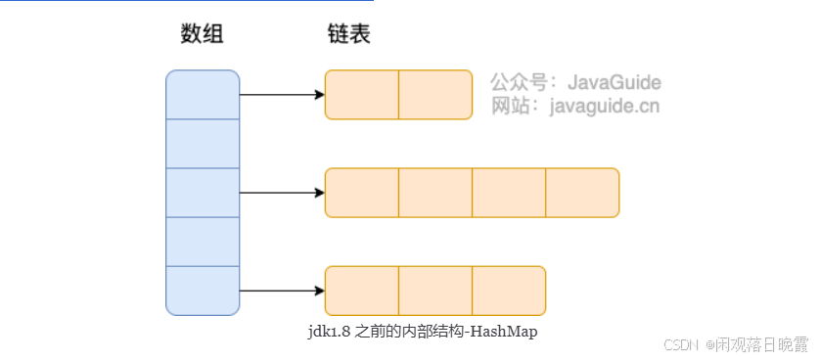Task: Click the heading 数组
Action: pos(203,34)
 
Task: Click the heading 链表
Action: pos(348,34)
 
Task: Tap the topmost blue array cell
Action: pos(203,94)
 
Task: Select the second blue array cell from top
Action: pos(203,143)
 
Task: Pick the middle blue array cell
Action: pos(203,192)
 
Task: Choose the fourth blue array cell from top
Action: pos(203,241)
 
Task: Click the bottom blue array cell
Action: pos(203,291)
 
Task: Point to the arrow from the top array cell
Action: pos(282,95)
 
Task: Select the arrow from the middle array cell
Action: pos(282,193)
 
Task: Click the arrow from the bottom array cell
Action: pos(282,291)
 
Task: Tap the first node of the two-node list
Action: pos(361,95)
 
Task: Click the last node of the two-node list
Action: pos(435,95)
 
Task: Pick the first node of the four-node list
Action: pos(361,193)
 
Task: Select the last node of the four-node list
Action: pos(582,193)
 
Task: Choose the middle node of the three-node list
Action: pos(435,291)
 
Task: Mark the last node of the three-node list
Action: pos(509,291)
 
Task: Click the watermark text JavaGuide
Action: pos(615,82)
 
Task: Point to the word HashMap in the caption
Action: pos(505,332)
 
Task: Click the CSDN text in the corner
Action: pos(677,344)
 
